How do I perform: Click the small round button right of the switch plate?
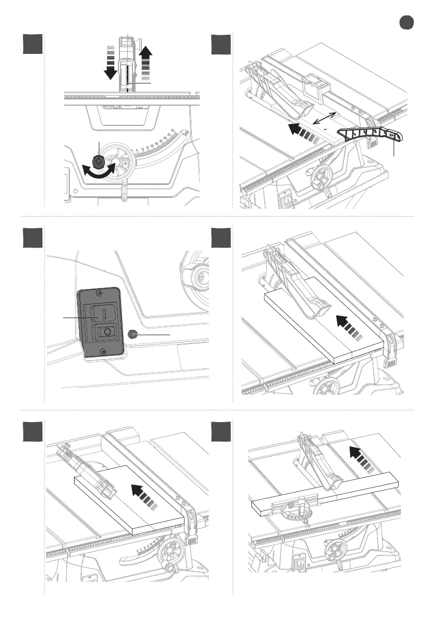[x=133, y=335]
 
